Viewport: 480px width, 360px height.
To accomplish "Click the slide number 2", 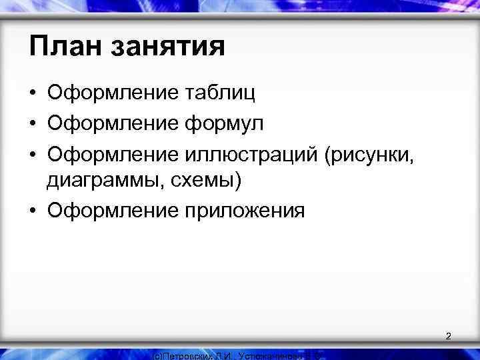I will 448,336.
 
